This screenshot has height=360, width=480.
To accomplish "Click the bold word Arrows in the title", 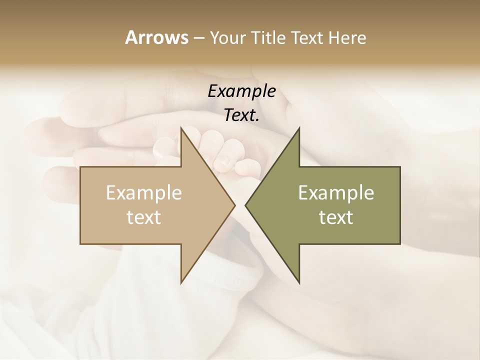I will tap(156, 37).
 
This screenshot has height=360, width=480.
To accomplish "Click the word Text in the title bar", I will tap(308, 37).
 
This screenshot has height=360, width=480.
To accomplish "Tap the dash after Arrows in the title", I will tap(198, 38).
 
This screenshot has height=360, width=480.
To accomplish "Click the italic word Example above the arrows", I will tap(242, 91).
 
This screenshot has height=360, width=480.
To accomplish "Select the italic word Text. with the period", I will tap(242, 115).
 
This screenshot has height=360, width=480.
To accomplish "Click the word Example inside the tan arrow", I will tap(144, 192).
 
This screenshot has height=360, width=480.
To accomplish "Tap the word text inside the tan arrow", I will tap(144, 217).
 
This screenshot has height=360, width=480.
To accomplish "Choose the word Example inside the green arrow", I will tap(336, 192).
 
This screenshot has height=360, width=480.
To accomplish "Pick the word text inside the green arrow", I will tap(336, 217).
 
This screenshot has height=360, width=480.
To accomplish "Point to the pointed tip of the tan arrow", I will tap(234, 205).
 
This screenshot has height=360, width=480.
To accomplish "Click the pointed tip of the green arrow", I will tap(245, 205).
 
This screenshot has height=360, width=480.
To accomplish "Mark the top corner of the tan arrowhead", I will tap(181, 127).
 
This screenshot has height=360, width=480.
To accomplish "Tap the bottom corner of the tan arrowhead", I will tap(181, 282).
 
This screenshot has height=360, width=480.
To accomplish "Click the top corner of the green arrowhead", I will tap(299, 128).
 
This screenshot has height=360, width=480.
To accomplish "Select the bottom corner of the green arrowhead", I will tap(299, 282).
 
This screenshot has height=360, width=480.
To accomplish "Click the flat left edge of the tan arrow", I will tap(80, 205).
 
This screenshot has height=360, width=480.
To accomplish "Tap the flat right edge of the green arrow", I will tap(400, 205).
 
